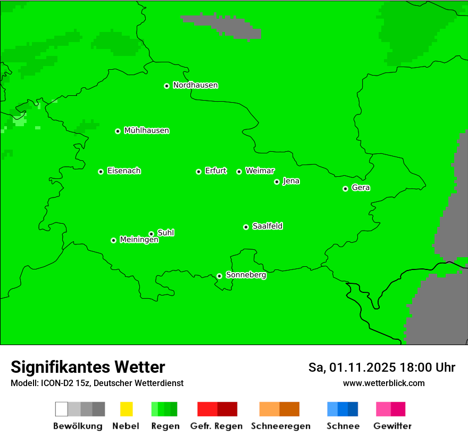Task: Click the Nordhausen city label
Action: [x=195, y=85]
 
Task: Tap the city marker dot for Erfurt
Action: [x=198, y=171]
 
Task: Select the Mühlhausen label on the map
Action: [x=146, y=130]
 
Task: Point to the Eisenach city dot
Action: [x=101, y=171]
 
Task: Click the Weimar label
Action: [x=260, y=171]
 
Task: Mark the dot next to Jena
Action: [x=277, y=182]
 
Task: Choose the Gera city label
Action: [x=361, y=188]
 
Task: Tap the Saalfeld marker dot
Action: [x=246, y=227]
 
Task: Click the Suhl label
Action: [x=166, y=233]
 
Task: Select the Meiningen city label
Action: [x=139, y=240]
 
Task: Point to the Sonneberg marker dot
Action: [x=219, y=276]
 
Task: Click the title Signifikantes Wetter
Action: [x=88, y=367]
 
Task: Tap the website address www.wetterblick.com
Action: [x=383, y=383]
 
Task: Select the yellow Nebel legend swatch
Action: [x=126, y=409]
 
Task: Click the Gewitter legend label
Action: [x=392, y=426]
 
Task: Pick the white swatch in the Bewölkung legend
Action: [x=62, y=409]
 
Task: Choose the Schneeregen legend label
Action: [x=281, y=426]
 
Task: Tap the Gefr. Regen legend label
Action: [x=216, y=426]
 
